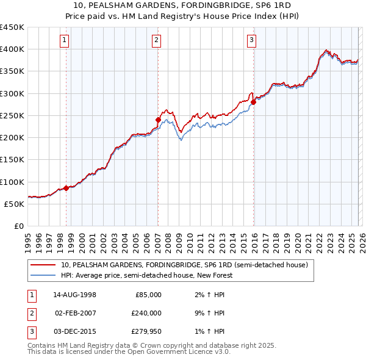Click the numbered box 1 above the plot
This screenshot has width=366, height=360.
coord(65,40)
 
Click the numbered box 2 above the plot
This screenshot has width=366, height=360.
coord(157,40)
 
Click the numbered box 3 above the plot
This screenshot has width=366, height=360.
coord(251,40)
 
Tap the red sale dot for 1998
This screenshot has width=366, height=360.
coord(66,188)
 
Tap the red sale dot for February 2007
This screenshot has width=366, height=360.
coord(158,120)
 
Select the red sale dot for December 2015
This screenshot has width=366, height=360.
coord(254,103)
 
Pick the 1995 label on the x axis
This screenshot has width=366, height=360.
coord(28,240)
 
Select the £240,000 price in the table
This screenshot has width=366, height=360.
coord(146,313)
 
